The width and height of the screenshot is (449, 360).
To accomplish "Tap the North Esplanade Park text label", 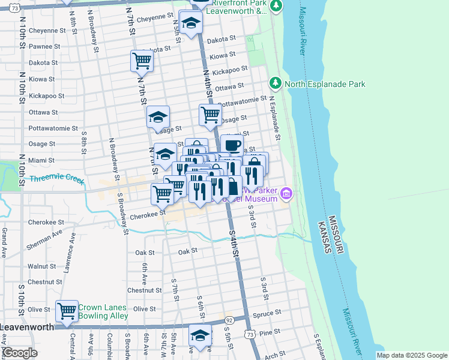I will (325, 84).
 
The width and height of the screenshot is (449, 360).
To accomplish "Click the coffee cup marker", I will (232, 145).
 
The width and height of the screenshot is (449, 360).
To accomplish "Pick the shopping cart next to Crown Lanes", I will (67, 311).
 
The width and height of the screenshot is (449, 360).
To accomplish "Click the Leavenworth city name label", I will (27, 327).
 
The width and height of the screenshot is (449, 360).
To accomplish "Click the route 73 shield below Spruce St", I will (249, 333).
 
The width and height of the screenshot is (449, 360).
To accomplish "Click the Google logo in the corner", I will (19, 353).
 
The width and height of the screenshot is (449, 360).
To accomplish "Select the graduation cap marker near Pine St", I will (200, 335).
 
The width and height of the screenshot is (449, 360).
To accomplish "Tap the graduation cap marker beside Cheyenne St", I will (191, 23).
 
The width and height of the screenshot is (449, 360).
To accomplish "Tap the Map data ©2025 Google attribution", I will (411, 355).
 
